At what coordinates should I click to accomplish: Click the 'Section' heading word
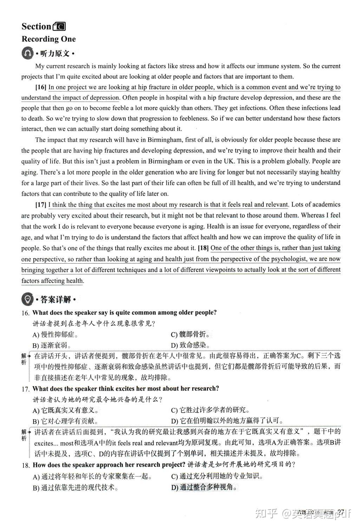point(36,26)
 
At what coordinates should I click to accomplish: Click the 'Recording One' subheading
point(48,39)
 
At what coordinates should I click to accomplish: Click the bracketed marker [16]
point(41,87)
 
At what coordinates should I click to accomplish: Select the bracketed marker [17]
point(41,205)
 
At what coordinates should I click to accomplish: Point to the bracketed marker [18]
point(203,248)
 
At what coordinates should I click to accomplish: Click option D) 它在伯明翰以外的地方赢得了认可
point(227,421)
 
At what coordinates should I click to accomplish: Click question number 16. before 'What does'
point(25,313)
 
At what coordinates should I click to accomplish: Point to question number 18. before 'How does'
point(25,465)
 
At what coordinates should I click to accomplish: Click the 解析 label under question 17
point(24,435)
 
